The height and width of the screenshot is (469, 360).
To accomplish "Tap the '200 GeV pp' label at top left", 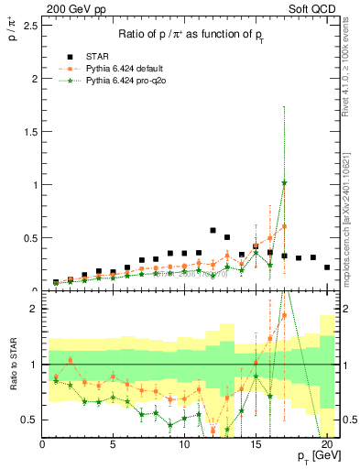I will coord(70,7).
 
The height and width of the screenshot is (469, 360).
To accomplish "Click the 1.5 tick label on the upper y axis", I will coord(30,131).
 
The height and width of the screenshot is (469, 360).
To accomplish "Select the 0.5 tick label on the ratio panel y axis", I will coord(30,420).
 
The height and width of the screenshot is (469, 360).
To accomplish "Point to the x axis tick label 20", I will coord(327,446).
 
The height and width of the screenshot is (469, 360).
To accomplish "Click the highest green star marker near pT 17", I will coord(284,182).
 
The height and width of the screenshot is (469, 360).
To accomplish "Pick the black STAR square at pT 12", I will coord(213,231).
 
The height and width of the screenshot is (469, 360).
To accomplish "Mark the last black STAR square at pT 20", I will coord(327,267).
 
